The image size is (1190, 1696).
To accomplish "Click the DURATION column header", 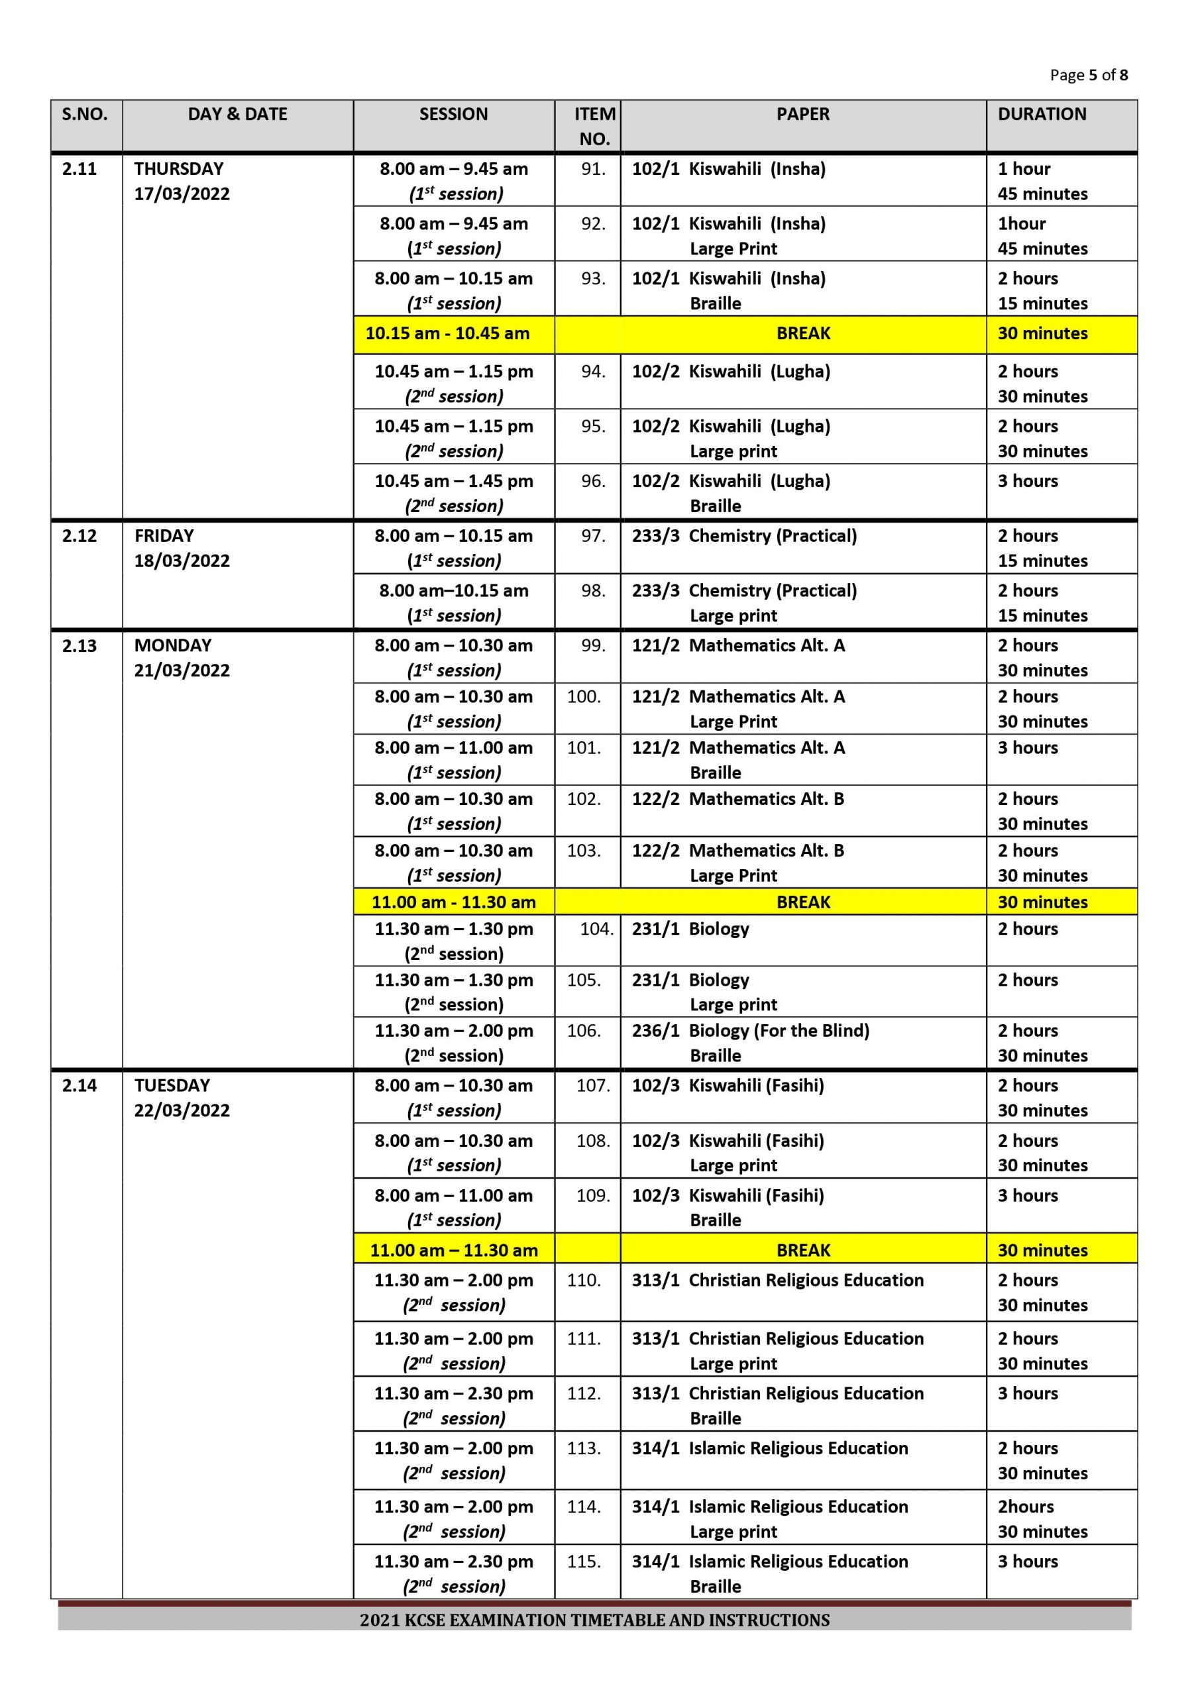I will tap(1042, 115).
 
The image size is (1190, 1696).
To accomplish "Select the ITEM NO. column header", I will tap(594, 127).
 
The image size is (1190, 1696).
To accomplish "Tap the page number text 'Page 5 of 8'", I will tap(1088, 75).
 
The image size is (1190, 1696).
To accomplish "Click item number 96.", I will tap(592, 481).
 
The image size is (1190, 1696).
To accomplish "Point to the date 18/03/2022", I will tap(182, 560).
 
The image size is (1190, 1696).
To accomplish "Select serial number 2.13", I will tap(79, 645).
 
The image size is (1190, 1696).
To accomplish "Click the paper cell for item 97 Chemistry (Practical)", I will tap(744, 536).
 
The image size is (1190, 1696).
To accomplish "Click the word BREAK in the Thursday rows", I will tap(803, 333).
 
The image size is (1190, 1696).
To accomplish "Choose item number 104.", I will tap(596, 929).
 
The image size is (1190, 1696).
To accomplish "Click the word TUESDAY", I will tap(172, 1085).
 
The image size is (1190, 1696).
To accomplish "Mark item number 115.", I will tap(584, 1561).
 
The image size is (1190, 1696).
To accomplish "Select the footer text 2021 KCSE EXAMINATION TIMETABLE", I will tap(594, 1620).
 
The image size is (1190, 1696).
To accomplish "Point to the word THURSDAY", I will tap(179, 168).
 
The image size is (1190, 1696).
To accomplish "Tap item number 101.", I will tap(584, 747).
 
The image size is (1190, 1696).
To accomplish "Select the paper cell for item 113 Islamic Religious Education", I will tap(769, 1448).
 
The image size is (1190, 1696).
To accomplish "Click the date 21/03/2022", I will tap(182, 670).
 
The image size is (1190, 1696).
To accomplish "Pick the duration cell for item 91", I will tap(1042, 181).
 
